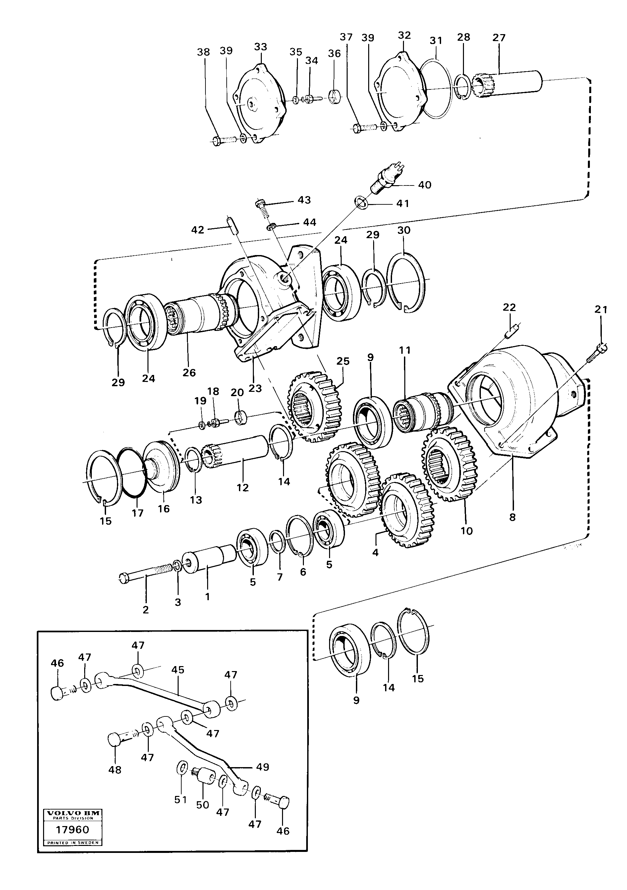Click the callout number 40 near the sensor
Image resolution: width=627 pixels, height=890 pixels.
pos(425,185)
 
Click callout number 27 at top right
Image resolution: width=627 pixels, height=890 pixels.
pos(499,38)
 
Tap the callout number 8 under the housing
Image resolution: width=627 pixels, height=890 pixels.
pos(513,517)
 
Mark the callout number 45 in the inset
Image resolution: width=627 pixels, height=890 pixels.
pos(178,669)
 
